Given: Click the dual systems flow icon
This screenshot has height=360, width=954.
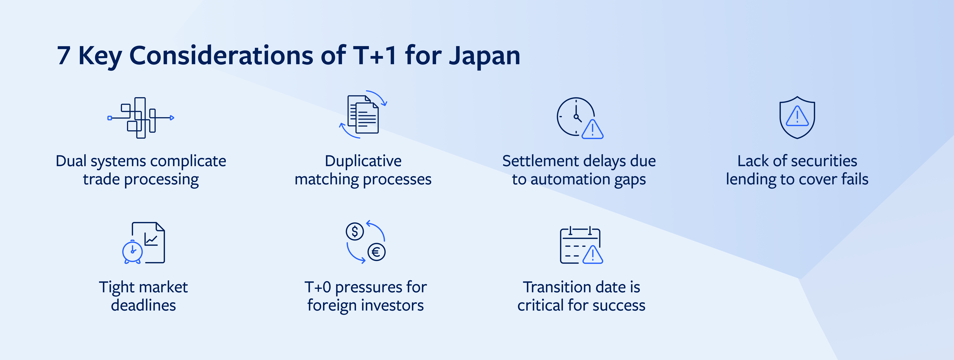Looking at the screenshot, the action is pyautogui.click(x=141, y=118).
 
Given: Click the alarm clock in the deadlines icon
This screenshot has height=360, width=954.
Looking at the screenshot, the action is pyautogui.click(x=132, y=252).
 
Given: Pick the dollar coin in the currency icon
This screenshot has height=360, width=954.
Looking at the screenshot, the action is pyautogui.click(x=355, y=231).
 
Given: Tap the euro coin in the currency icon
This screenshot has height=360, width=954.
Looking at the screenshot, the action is pyautogui.click(x=376, y=252).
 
